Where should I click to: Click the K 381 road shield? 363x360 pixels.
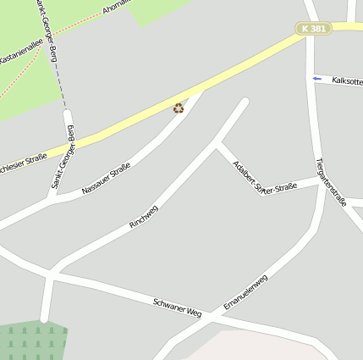tap(313, 29)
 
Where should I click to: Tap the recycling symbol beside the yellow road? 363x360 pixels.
tap(179, 108)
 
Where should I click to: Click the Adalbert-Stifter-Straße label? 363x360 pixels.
tap(264, 176)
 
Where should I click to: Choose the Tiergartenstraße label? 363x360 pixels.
tap(331, 181)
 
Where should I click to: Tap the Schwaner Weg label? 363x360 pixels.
tap(178, 307)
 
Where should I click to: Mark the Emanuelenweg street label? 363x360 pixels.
tap(245, 291)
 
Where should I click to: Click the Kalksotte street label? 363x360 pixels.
tap(347, 81)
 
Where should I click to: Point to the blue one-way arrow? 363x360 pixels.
tap(317, 80)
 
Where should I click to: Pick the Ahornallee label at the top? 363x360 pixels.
tap(117, 7)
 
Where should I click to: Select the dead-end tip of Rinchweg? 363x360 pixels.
tap(245, 103)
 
